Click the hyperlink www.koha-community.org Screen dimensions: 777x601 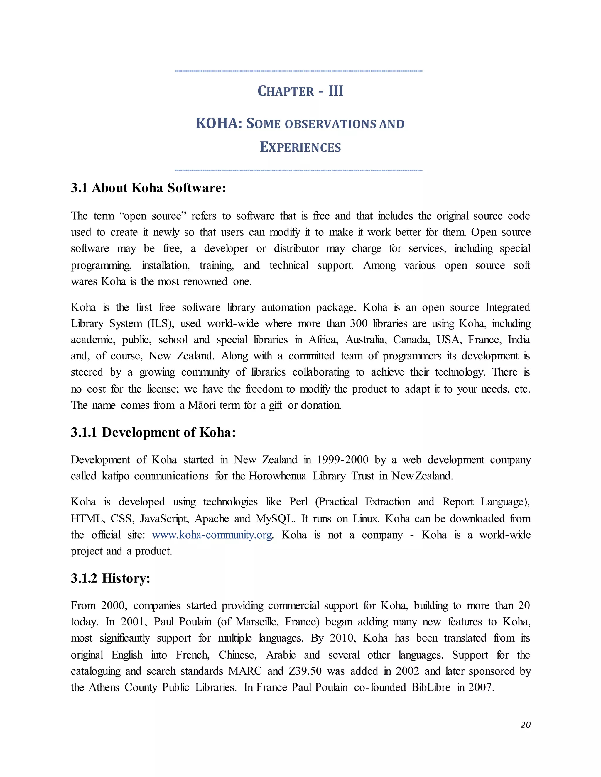[212, 535]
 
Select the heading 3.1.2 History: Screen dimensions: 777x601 [110, 578]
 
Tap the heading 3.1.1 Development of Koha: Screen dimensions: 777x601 [153, 432]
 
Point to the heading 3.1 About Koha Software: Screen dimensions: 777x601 [148, 188]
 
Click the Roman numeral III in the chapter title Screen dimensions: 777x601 [335, 91]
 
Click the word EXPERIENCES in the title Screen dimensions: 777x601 [300, 147]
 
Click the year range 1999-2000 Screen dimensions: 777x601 [342, 460]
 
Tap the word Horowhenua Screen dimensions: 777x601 [277, 476]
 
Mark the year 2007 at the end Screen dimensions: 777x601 [481, 687]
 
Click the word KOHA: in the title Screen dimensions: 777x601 [219, 123]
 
